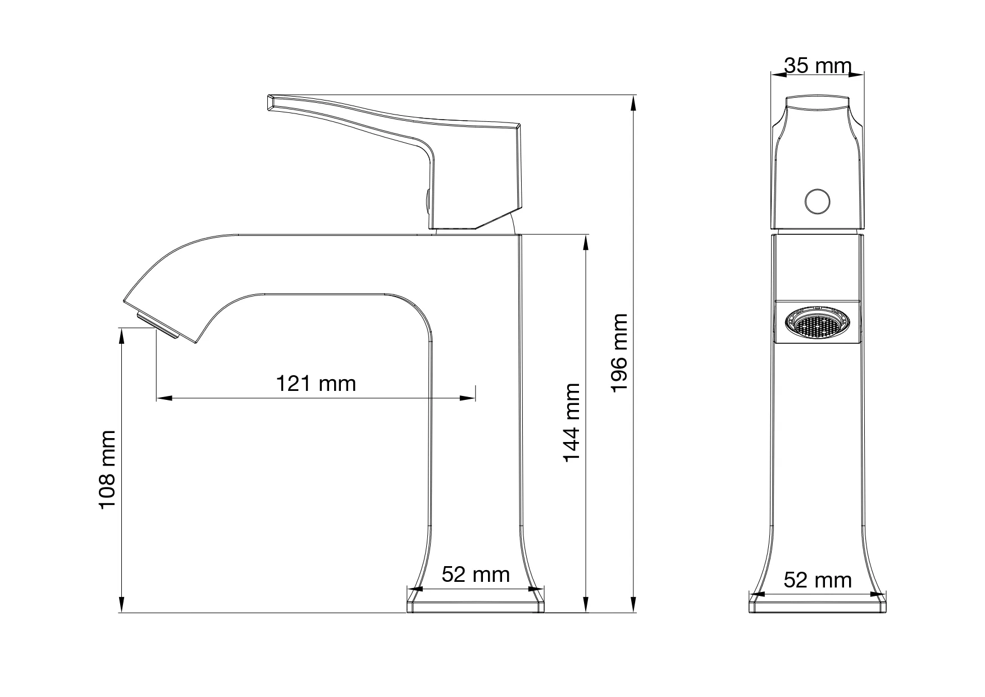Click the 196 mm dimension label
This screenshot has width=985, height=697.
click(619, 353)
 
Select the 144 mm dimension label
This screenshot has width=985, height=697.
click(572, 423)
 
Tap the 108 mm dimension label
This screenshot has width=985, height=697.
click(107, 470)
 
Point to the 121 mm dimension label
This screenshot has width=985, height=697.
click(316, 384)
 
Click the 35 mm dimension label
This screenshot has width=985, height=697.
click(818, 66)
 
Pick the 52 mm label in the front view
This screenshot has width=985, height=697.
click(476, 575)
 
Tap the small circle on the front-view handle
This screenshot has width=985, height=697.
click(817, 202)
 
